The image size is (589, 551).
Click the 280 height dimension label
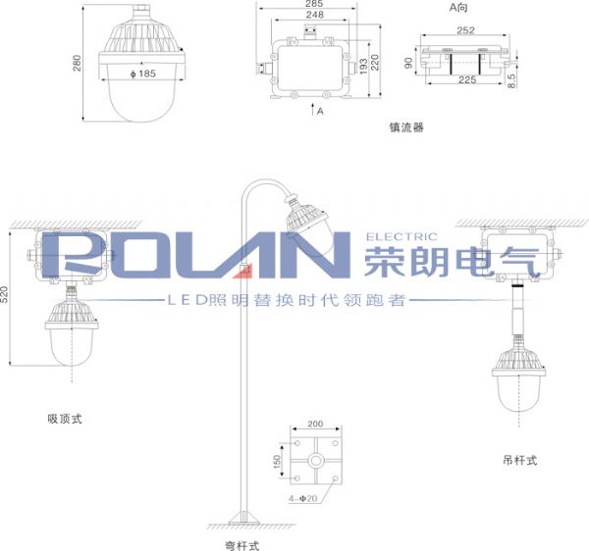coord(77,63)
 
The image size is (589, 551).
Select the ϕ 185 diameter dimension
coord(142,74)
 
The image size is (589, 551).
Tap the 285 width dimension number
coord(314,3)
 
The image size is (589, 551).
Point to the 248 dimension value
coord(315,15)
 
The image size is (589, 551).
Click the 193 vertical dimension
coord(363,67)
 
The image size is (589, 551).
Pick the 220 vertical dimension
coord(375,63)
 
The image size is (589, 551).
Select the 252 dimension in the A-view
coord(465,30)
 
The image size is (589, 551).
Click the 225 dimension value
coord(467,79)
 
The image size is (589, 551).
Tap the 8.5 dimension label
coord(511,80)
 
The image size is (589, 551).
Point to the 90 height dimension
coord(408,63)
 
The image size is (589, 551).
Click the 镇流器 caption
coord(406,127)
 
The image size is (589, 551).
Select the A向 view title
coord(458,7)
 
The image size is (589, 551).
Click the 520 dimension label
coord(4,295)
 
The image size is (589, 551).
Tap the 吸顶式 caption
coord(65,419)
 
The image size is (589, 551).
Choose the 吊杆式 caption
coord(520,460)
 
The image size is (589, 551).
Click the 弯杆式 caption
coord(242,546)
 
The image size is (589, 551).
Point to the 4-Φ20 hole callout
coord(302,498)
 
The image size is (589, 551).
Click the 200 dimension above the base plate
coord(315,424)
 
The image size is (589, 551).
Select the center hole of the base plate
coord(315,461)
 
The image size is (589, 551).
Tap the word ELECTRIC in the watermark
coord(402,236)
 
